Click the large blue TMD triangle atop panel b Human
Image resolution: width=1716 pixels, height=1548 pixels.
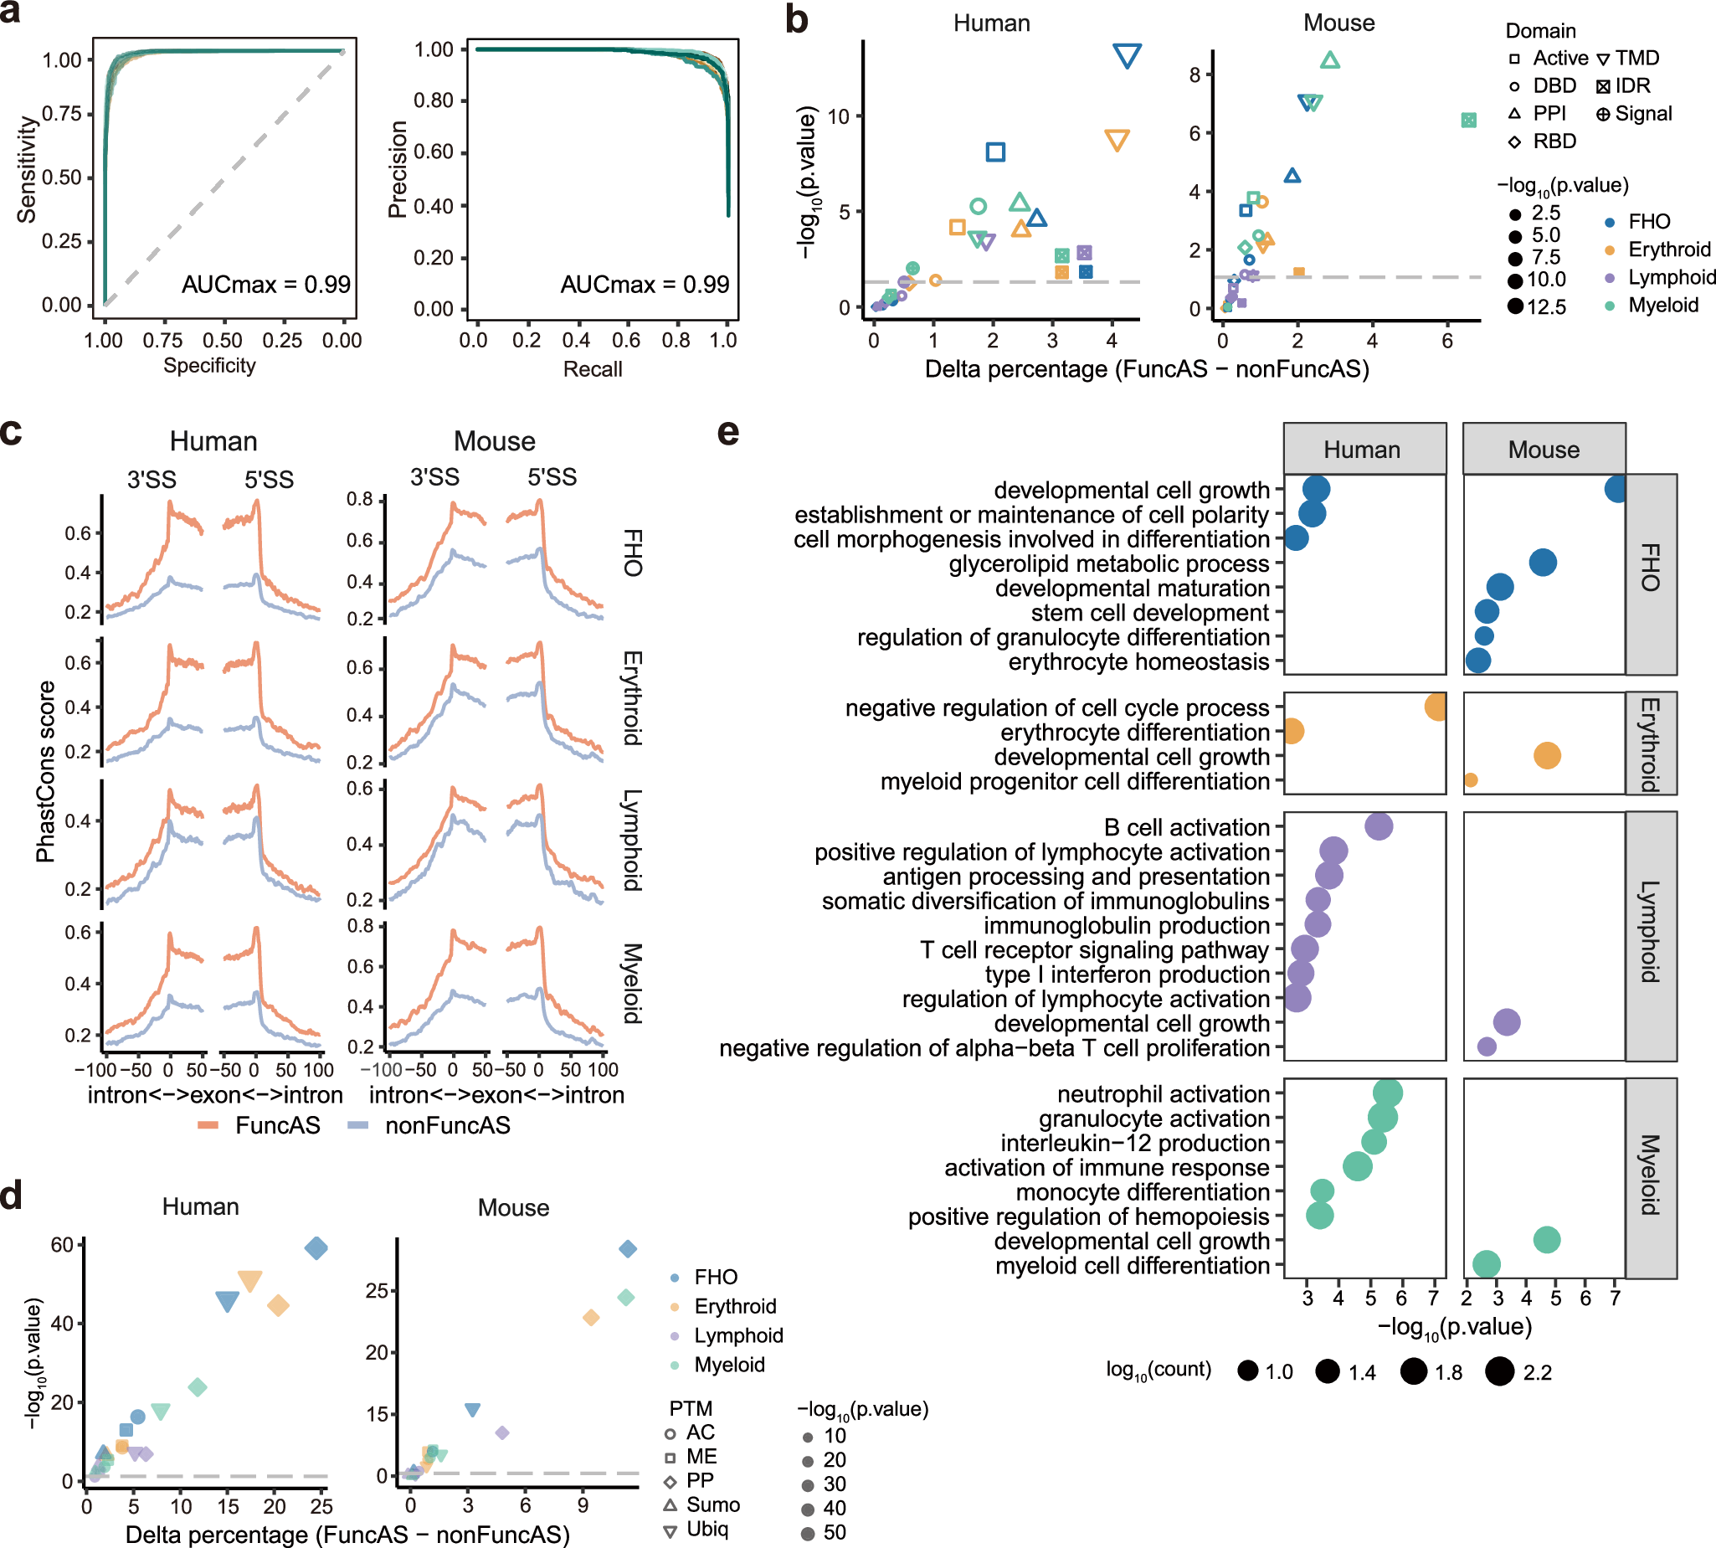click(x=1127, y=55)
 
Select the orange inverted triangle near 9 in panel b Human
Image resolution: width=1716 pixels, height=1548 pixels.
click(x=1117, y=141)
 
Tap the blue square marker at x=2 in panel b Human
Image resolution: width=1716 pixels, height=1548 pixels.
click(x=995, y=152)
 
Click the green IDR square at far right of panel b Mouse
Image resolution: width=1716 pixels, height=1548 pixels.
click(x=1468, y=121)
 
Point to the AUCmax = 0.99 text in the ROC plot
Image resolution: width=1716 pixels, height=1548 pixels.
click(x=265, y=284)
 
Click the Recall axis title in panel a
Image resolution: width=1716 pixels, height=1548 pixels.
click(x=593, y=369)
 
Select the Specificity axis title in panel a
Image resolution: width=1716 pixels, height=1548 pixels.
click(x=209, y=366)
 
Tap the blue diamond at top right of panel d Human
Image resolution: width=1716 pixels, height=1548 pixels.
click(x=316, y=1248)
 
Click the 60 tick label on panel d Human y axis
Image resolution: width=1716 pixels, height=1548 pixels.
click(x=62, y=1245)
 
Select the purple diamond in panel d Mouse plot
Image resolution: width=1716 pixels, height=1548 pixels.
click(x=501, y=1433)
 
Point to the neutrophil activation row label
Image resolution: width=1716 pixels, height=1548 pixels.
click(x=1163, y=1093)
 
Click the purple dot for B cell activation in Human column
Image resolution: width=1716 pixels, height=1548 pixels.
click(x=1379, y=825)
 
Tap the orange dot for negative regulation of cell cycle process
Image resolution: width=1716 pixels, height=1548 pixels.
click(x=1436, y=707)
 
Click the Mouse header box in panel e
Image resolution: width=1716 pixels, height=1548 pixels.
click(x=1544, y=449)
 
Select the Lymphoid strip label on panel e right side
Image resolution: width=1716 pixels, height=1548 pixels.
click(x=1650, y=933)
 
